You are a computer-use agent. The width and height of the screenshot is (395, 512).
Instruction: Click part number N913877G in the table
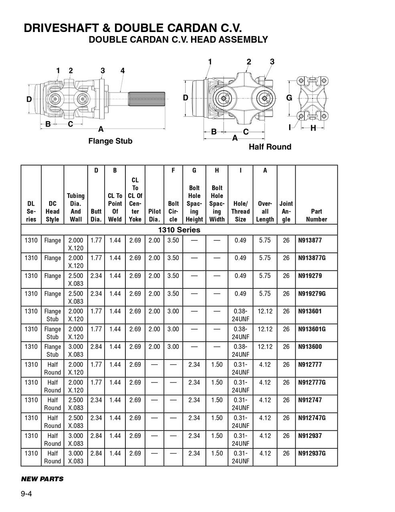coord(312,258)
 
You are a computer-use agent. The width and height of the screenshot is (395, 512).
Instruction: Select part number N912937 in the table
coord(310,436)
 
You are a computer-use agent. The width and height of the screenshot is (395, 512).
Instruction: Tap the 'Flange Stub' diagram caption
coord(110,141)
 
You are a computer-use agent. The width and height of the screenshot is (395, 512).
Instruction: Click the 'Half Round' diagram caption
coord(270,147)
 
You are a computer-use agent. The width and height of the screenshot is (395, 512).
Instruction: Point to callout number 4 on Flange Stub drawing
coord(123,71)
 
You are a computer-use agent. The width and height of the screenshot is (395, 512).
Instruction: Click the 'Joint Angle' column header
coord(286,211)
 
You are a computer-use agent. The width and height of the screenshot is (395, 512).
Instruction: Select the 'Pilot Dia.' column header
coord(154,215)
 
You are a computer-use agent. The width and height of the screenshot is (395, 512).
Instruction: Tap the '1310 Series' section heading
coord(179,230)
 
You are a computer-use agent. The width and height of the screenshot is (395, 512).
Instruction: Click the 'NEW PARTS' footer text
coord(42,479)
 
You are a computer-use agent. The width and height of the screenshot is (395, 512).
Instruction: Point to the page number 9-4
coord(26,494)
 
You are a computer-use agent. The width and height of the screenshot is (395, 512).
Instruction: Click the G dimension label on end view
coord(289,98)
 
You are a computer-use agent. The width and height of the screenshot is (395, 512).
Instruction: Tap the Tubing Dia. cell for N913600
coord(75,350)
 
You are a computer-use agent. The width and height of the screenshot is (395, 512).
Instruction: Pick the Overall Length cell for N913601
coord(265,311)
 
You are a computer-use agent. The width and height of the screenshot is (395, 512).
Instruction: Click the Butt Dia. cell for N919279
coord(96,276)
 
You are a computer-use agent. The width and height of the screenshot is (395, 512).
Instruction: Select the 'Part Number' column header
coord(316,215)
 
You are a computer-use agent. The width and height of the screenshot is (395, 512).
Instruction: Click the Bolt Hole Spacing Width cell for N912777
coord(217,365)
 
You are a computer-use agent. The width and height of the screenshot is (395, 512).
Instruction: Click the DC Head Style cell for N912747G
coord(52,422)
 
